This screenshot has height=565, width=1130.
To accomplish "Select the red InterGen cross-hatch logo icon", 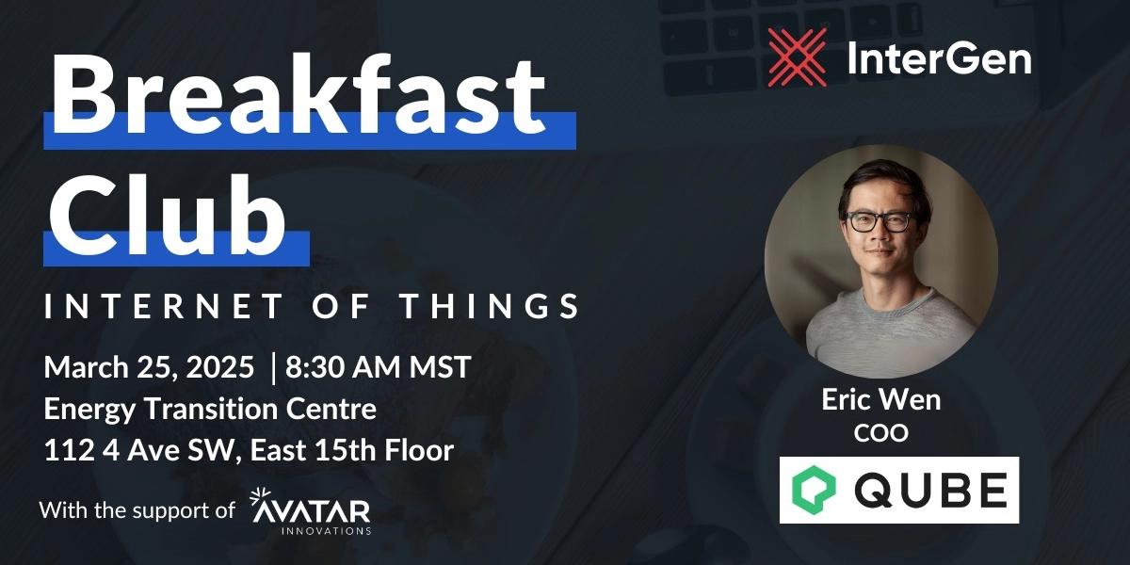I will [797, 57].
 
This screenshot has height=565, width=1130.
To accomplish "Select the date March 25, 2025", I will [149, 367].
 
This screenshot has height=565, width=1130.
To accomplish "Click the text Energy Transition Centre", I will [210, 410].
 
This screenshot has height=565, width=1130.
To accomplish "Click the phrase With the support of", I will [137, 510].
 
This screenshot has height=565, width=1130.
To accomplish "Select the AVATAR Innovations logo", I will [312, 512].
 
